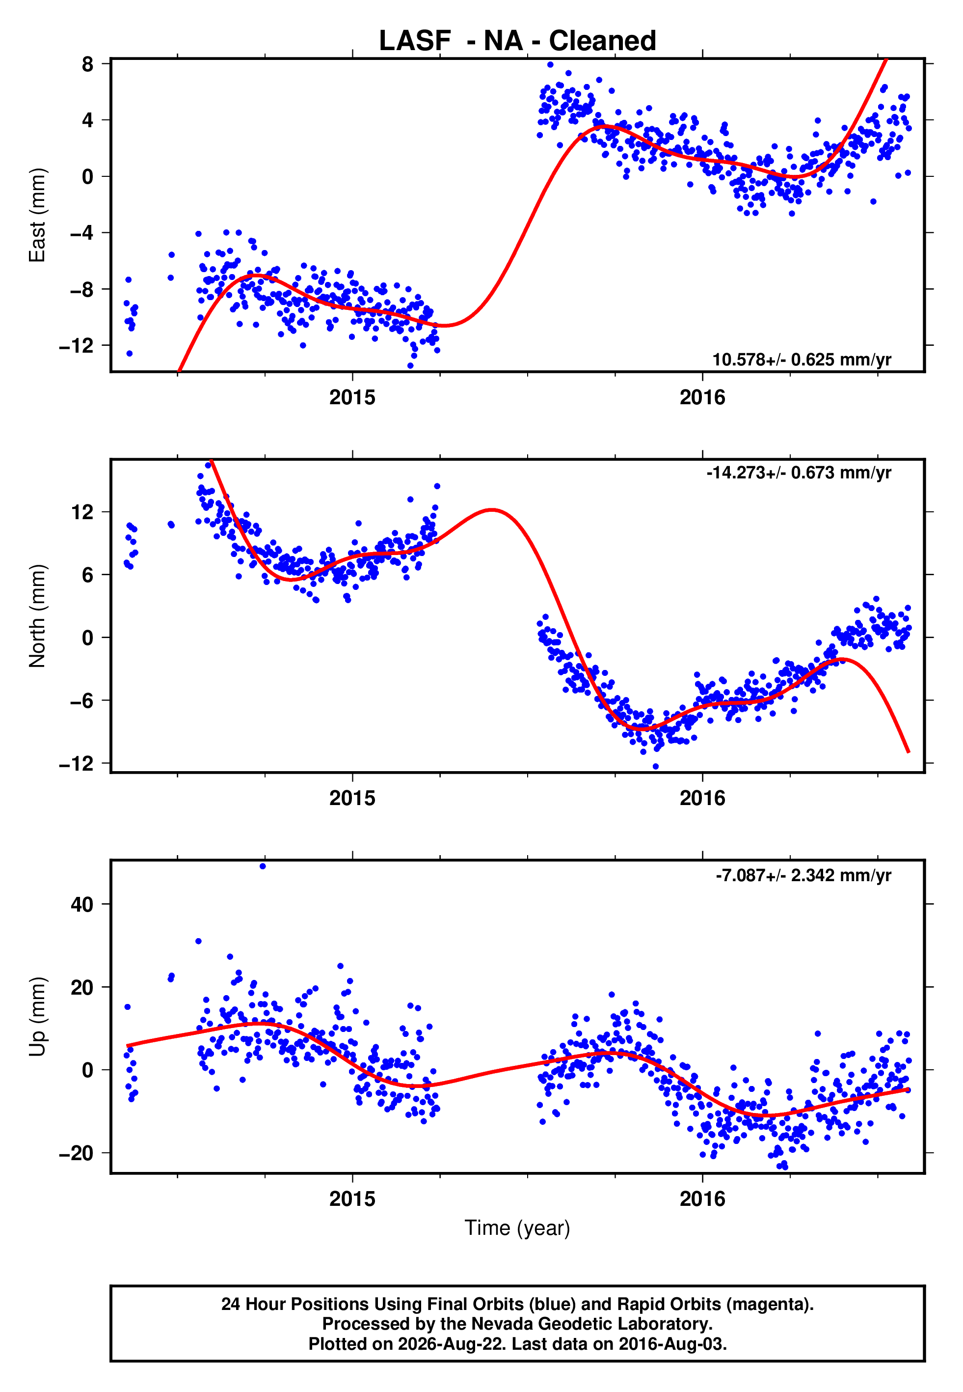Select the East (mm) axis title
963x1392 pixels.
click(37, 215)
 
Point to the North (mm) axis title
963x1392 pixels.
click(37, 616)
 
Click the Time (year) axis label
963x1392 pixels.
click(517, 1228)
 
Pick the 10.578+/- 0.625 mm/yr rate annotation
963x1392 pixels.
click(802, 360)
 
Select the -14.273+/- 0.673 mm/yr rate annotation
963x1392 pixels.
click(799, 472)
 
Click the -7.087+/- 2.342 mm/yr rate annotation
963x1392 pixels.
click(803, 875)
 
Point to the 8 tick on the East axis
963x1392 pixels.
click(88, 63)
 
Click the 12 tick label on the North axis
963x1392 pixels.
click(82, 512)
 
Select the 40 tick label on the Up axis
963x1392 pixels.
click(82, 904)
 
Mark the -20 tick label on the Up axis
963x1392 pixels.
click(77, 1153)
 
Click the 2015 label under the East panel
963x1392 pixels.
click(352, 397)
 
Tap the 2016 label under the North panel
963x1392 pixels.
click(702, 798)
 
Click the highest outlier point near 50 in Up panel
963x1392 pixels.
click(263, 866)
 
